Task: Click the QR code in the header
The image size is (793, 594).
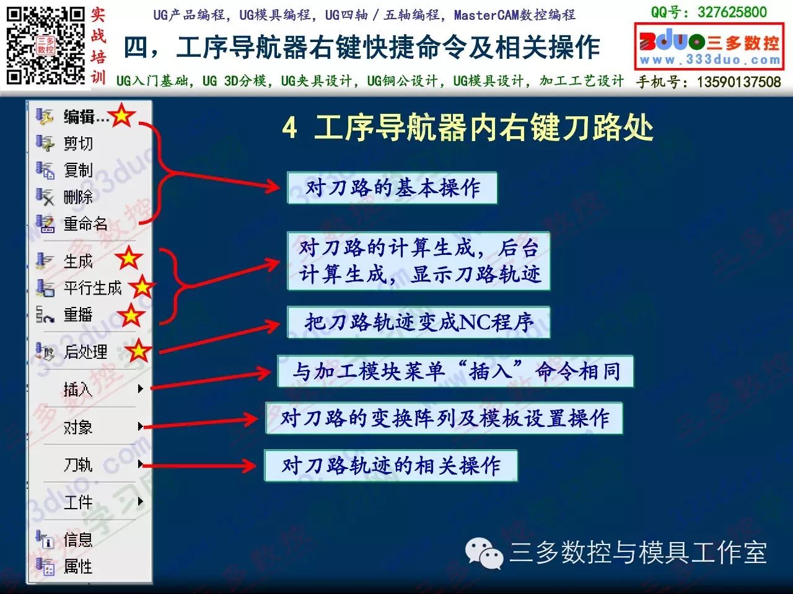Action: coord(45,45)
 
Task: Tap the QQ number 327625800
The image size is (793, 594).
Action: coord(732,12)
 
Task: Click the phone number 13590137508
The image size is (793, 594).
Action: coord(739,82)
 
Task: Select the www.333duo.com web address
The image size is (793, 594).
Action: coord(710,60)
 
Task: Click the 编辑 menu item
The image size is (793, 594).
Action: coord(86,117)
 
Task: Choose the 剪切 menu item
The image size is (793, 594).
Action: coord(78,143)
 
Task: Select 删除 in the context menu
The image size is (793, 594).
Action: coord(78,197)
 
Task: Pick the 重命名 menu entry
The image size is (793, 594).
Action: coord(85,223)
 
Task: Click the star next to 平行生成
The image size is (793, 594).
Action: coord(142,287)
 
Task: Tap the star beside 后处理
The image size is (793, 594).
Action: coord(138,351)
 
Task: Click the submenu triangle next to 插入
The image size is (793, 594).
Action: coord(141,389)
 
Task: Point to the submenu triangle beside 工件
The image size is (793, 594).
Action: coord(141,501)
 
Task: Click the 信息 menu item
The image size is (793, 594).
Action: coord(78,540)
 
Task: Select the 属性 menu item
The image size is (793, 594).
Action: coord(78,566)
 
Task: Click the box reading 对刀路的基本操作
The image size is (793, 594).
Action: coord(392,188)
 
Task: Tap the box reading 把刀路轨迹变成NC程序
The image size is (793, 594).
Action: coord(418,322)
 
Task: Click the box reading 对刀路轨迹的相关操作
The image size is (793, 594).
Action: coord(391,465)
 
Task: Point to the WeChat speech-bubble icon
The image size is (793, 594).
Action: coord(484,553)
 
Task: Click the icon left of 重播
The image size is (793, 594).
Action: coord(45,314)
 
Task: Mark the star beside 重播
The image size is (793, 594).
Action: coord(131,315)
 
